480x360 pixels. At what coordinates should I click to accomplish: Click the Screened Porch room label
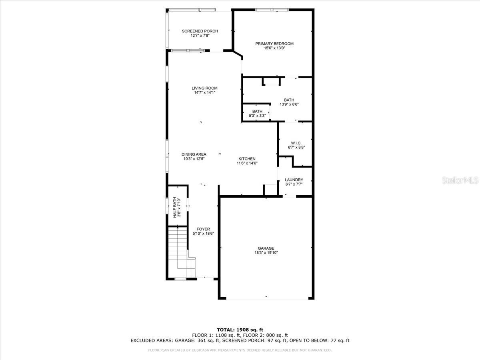tap(200, 31)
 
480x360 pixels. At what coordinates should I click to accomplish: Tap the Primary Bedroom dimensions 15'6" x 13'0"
tap(274, 48)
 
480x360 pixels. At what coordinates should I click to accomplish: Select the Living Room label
tap(204, 88)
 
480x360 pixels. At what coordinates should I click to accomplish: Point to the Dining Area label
tap(194, 154)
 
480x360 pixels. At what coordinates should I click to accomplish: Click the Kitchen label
tap(247, 159)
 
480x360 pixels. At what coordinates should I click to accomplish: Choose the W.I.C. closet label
tap(296, 143)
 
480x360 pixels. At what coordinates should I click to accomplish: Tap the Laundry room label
tap(294, 180)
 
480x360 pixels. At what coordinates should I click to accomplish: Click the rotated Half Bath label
tap(175, 207)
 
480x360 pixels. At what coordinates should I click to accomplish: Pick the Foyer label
tap(203, 229)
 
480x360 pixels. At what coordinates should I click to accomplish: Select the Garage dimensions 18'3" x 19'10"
tap(266, 253)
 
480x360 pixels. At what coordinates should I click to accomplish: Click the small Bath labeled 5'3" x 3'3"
tap(257, 112)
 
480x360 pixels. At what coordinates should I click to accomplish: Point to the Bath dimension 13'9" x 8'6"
tap(289, 104)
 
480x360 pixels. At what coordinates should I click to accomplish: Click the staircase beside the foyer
tap(181, 252)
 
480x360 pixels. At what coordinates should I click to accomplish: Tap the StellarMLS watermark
tap(460, 180)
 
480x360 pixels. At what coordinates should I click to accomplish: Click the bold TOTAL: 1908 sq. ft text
tap(240, 330)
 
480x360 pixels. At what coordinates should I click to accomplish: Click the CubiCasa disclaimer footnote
tap(240, 350)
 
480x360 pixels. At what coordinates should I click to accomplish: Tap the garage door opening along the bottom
tap(267, 298)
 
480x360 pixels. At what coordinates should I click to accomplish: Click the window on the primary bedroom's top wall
tap(272, 10)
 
